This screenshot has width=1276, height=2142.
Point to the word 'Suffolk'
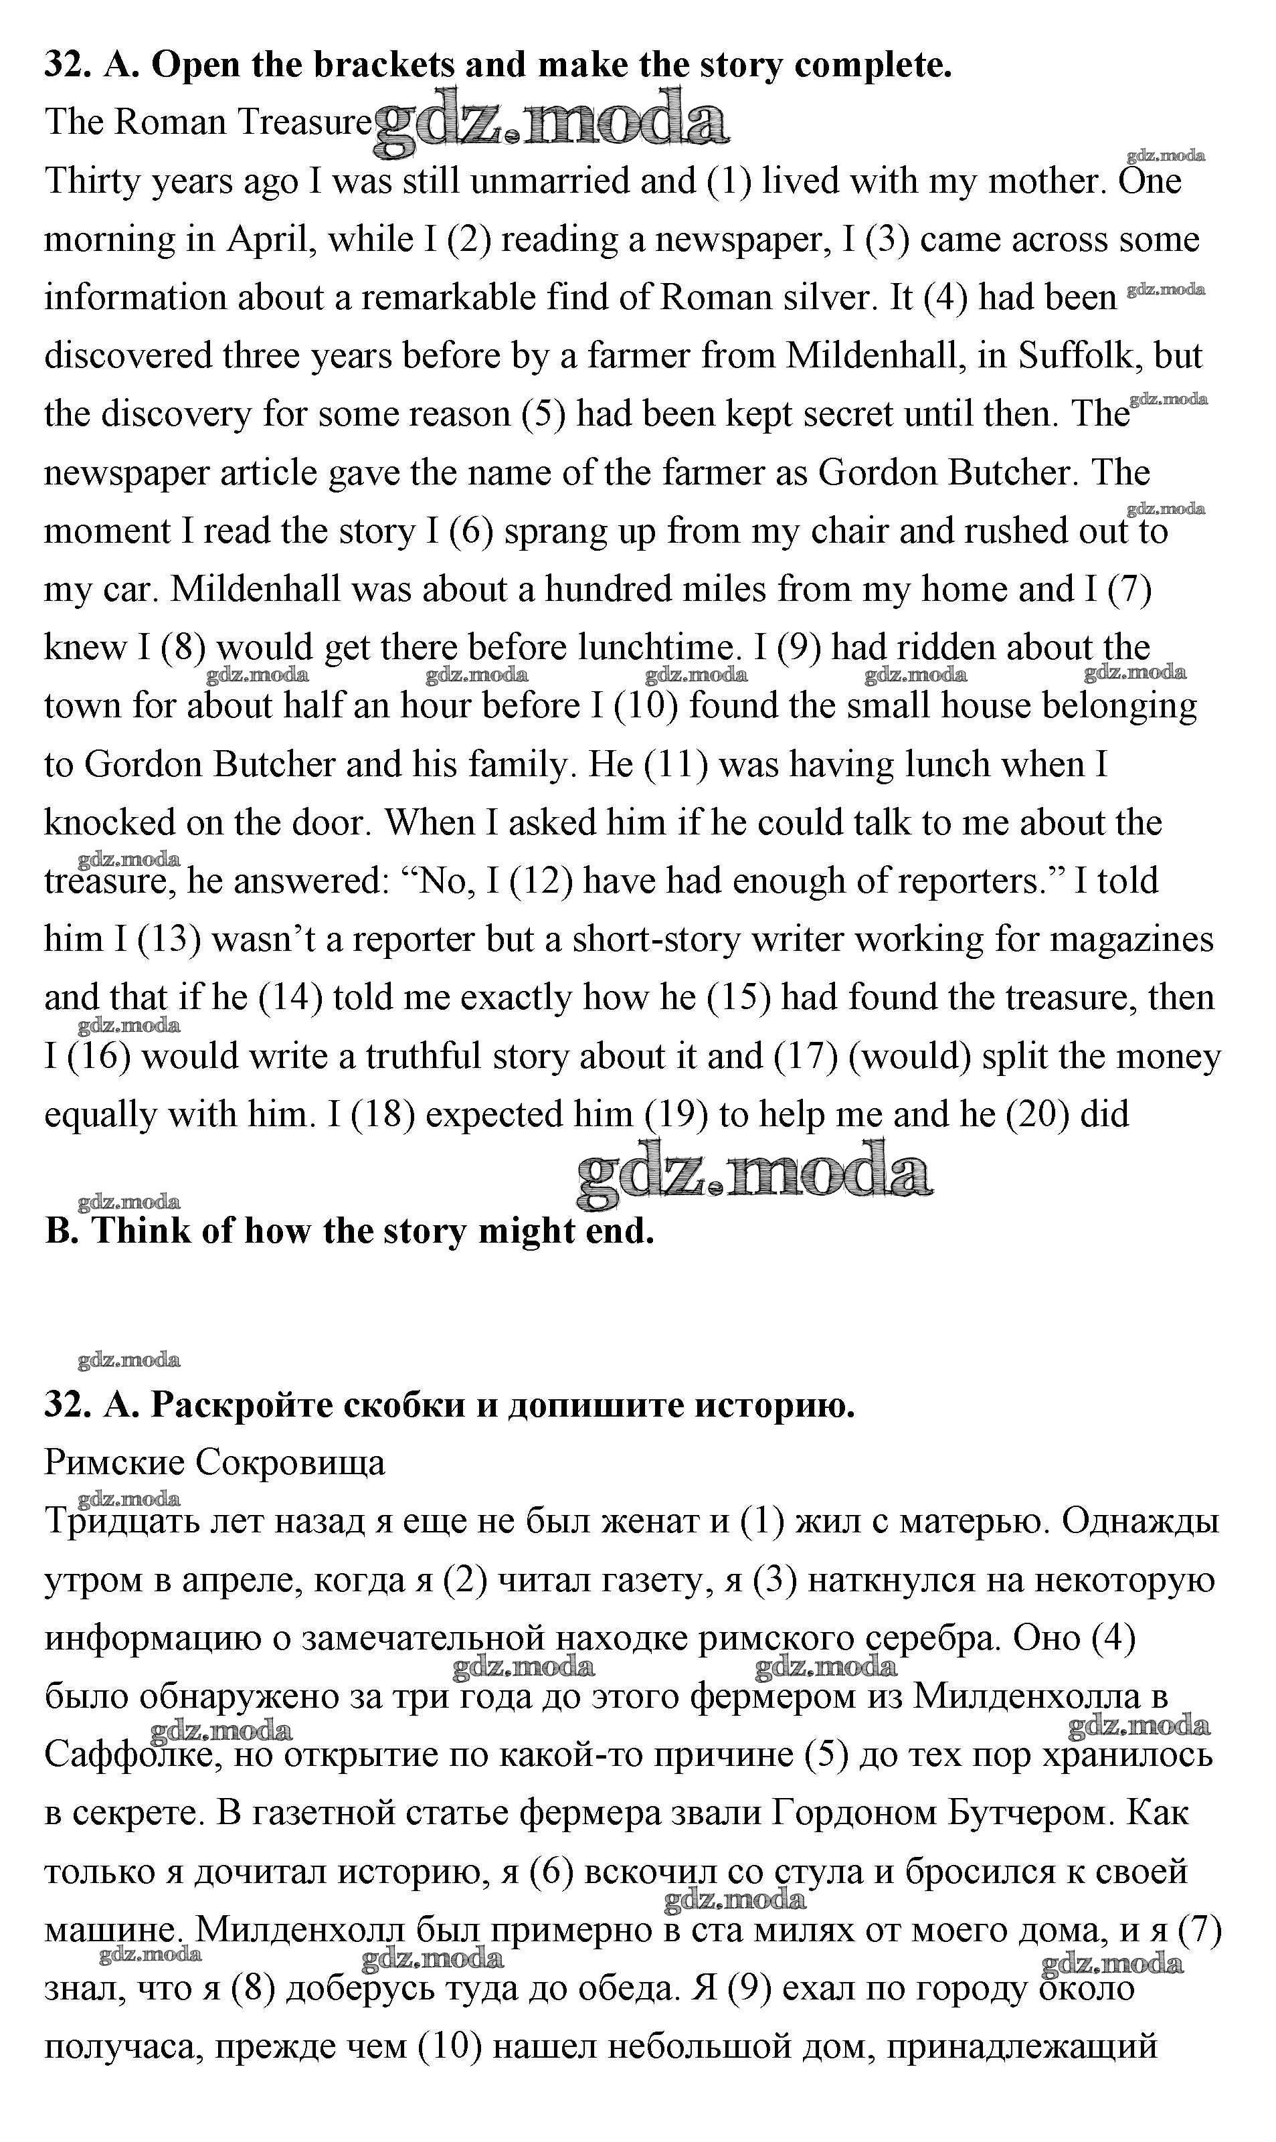point(1080,357)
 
